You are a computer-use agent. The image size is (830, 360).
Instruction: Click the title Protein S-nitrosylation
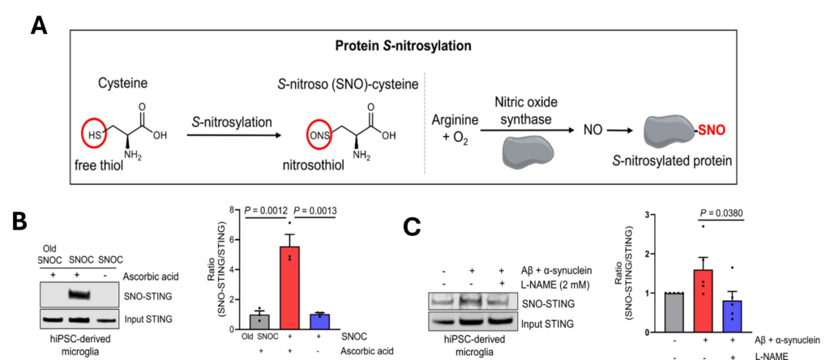tap(403, 46)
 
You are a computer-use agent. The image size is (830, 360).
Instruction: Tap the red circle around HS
tap(94, 135)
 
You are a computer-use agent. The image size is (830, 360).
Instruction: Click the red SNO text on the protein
tap(712, 129)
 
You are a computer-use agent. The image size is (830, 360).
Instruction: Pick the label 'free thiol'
tap(99, 165)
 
